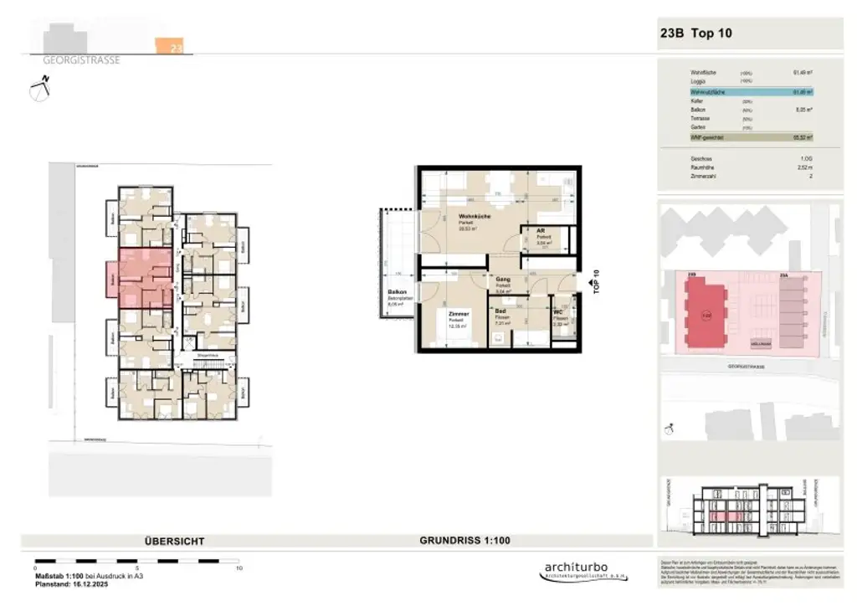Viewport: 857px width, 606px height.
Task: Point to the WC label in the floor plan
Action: (x=557, y=313)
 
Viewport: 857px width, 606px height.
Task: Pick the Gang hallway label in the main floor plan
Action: (x=503, y=280)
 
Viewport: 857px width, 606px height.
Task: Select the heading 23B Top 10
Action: (x=696, y=34)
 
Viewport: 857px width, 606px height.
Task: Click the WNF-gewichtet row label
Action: (x=707, y=137)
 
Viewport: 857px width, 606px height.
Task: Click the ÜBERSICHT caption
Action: (x=174, y=542)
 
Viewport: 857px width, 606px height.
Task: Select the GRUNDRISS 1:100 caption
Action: (x=464, y=541)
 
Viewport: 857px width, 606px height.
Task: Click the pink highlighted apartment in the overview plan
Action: (x=144, y=278)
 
